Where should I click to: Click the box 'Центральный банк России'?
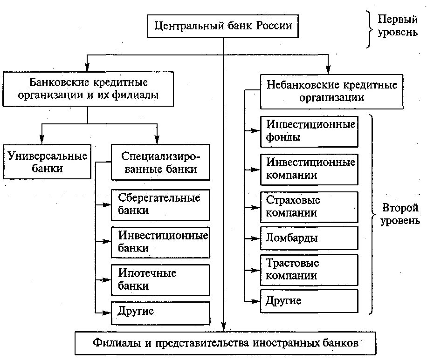pyautogui.click(x=223, y=25)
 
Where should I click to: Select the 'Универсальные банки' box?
pyautogui.click(x=47, y=161)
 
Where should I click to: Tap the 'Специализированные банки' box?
pyautogui.click(x=160, y=162)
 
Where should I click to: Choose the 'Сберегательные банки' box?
pyautogui.click(x=160, y=204)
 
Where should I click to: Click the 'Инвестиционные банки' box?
pyautogui.click(x=160, y=242)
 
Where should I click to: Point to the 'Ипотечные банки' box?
pyautogui.click(x=160, y=279)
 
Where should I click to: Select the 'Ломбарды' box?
pyautogui.click(x=309, y=238)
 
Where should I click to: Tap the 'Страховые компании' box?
pyautogui.click(x=309, y=207)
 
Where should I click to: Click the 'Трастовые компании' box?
pyautogui.click(x=309, y=270)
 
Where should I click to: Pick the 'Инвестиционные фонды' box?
pyautogui.click(x=309, y=131)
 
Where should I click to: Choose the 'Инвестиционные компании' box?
pyautogui.click(x=309, y=169)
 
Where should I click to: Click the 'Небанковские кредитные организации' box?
pyautogui.click(x=331, y=91)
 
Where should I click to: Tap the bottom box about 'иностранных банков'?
pyautogui.click(x=225, y=344)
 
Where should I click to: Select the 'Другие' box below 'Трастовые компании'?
pyautogui.click(x=309, y=301)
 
